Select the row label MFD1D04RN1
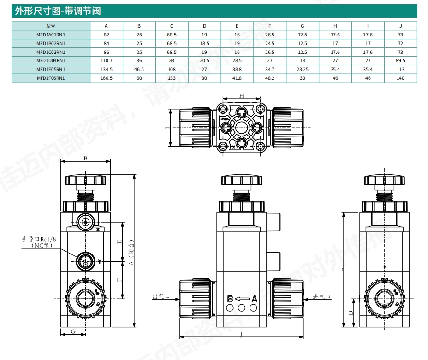51,60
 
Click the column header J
400,26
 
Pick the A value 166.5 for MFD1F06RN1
107,78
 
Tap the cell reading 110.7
107,60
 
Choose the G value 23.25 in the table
303,69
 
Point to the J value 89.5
400,60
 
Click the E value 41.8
237,78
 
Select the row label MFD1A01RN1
51,35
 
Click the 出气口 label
161,296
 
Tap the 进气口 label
322,296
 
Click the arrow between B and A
242,299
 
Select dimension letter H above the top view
241,95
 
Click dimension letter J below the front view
241,334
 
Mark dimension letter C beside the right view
340,270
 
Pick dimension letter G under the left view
73,331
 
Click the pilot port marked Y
85,261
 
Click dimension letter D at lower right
351,313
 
